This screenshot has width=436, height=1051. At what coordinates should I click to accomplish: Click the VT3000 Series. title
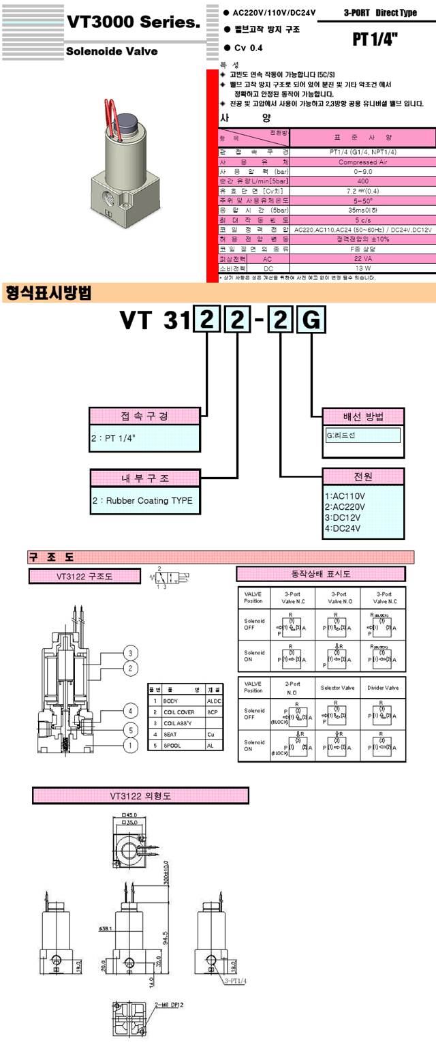point(133,22)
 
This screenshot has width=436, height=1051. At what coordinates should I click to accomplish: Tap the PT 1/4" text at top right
point(375,40)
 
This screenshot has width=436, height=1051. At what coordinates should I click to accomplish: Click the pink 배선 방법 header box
point(364,416)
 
